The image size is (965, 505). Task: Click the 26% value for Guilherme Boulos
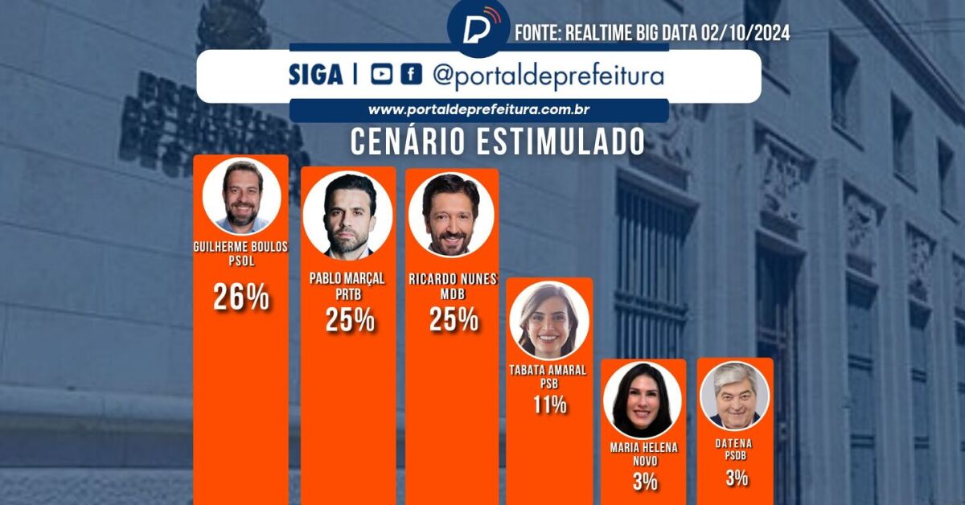[x=240, y=298]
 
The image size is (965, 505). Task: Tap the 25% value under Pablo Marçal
[x=349, y=320]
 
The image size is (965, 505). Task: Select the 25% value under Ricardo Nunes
[x=453, y=320]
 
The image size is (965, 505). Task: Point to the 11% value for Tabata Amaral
[x=550, y=404]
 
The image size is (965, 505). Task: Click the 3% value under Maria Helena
[x=644, y=482]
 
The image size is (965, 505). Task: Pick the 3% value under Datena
[x=735, y=478]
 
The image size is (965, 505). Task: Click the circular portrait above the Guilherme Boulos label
[x=241, y=196]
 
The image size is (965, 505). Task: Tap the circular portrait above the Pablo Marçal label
[x=348, y=216]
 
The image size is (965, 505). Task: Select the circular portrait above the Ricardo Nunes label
[x=450, y=214]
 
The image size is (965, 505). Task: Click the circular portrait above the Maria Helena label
[x=643, y=400]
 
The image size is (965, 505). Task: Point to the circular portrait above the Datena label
[x=735, y=396]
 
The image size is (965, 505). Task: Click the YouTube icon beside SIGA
[x=382, y=75]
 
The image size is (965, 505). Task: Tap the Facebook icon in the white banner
[x=411, y=75]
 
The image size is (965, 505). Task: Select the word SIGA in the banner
[x=315, y=76]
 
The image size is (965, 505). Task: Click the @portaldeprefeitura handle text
[x=548, y=76]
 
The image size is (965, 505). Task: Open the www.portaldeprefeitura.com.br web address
[x=480, y=110]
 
